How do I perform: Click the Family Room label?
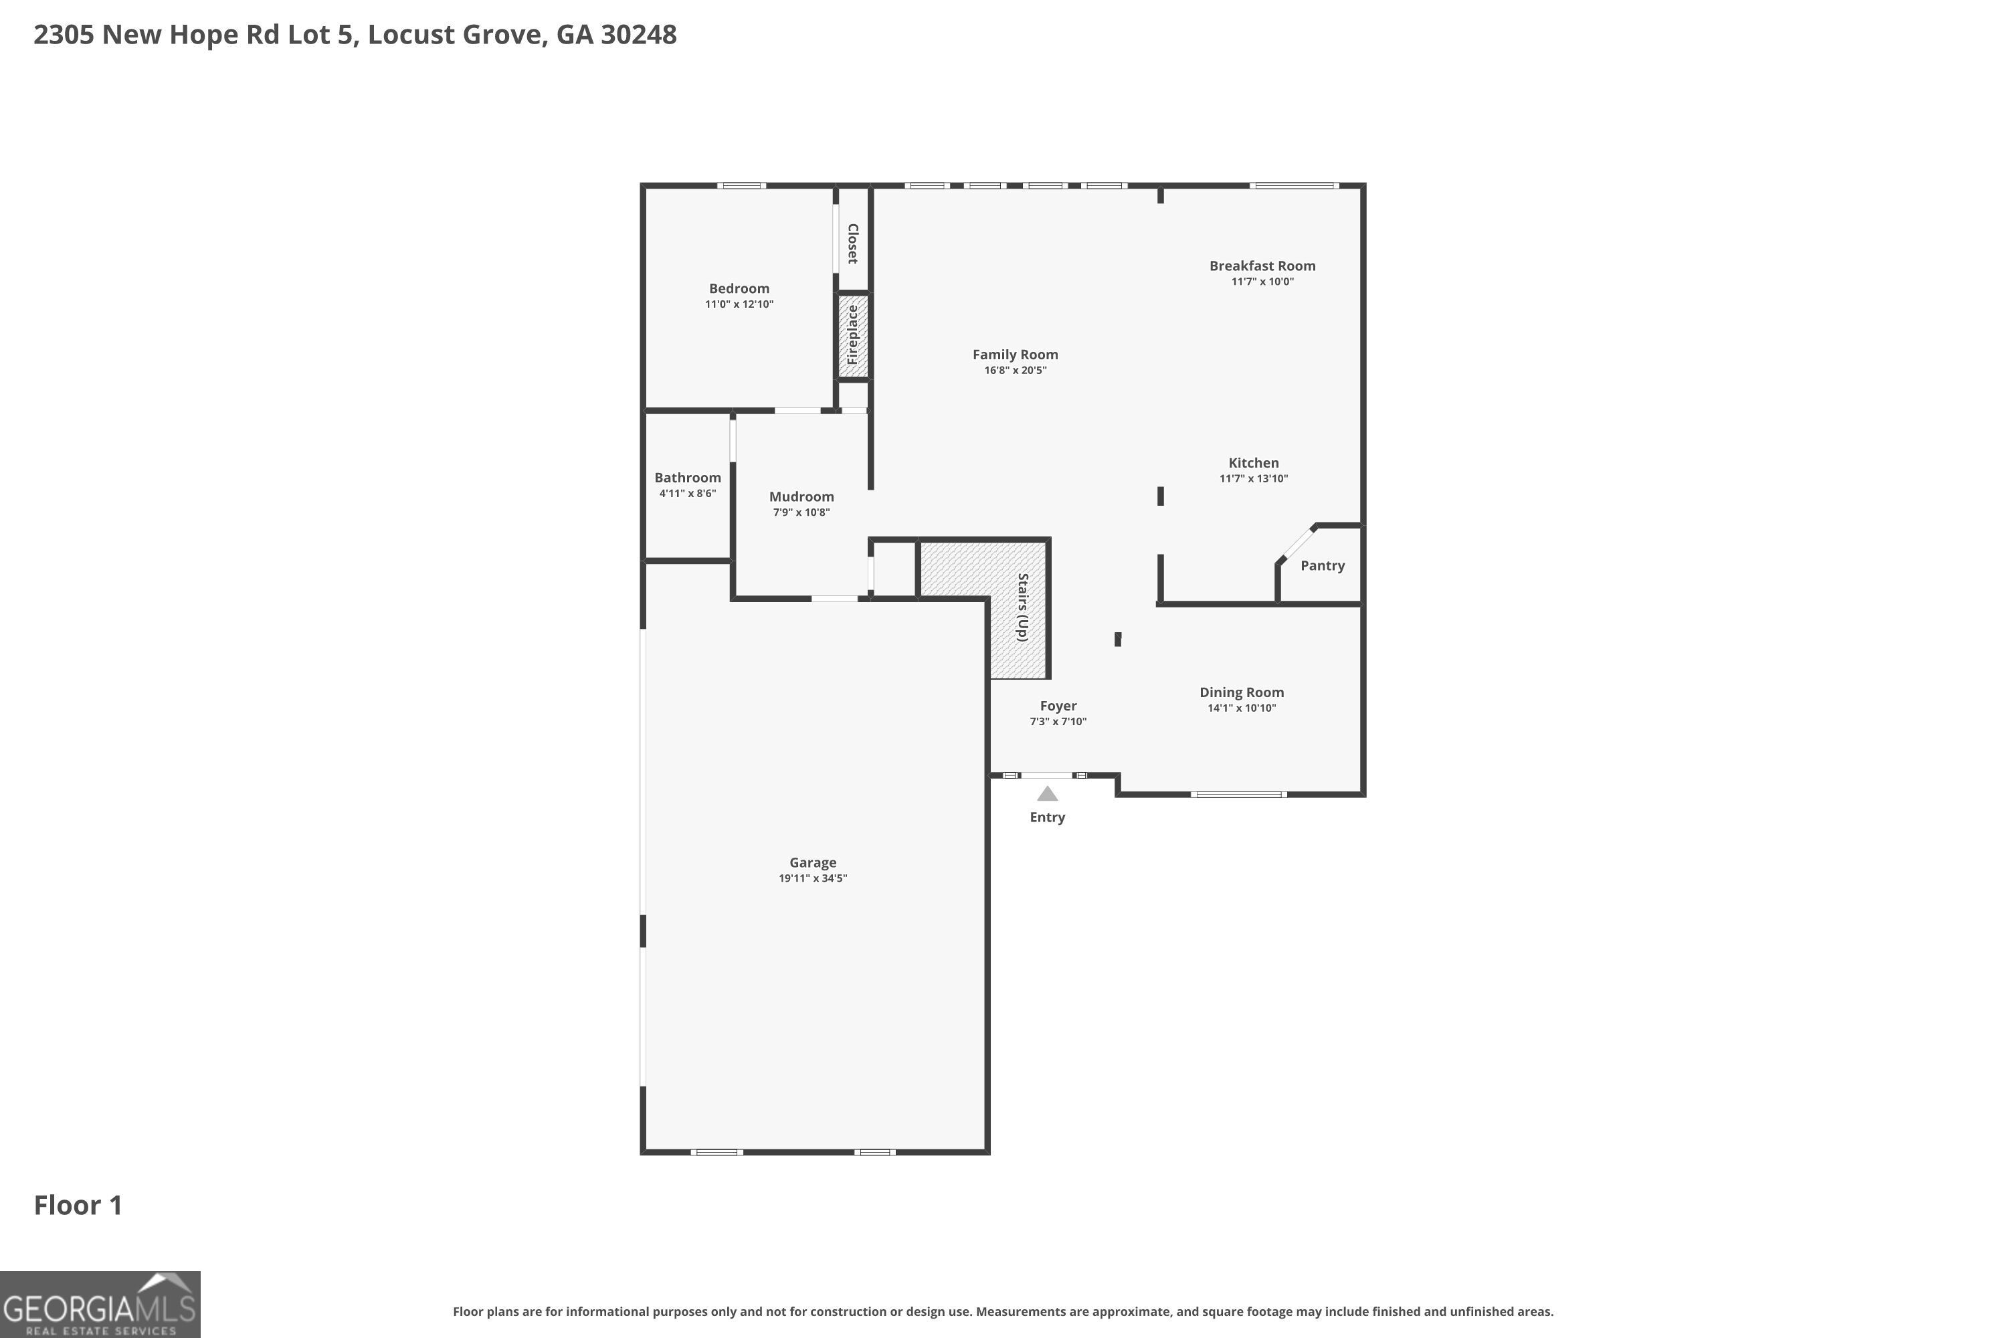point(1015,354)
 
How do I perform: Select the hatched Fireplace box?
point(852,335)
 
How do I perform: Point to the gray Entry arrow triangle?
point(1047,795)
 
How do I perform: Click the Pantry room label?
point(1322,566)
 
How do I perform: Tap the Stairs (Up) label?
point(1022,607)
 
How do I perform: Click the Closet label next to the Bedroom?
point(852,244)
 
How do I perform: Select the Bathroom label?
point(687,478)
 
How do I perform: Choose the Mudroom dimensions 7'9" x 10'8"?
point(801,512)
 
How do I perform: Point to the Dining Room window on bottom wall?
point(1238,795)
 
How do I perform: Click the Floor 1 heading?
point(78,1205)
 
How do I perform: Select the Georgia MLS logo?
point(100,1304)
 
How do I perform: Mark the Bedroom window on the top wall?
point(741,185)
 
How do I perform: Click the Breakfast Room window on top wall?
point(1294,185)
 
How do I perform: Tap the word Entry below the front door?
point(1047,817)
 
